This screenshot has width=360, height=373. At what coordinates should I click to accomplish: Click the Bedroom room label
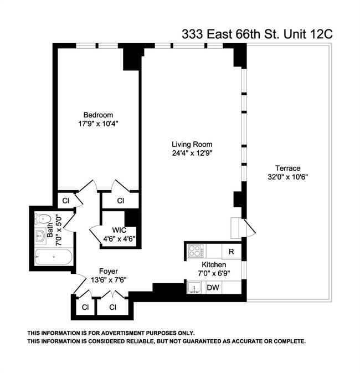(98, 115)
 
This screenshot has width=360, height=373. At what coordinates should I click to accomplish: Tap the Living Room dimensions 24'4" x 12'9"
(192, 153)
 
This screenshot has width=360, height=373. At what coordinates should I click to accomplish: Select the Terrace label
(287, 168)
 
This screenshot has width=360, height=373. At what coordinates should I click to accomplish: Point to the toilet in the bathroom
(43, 218)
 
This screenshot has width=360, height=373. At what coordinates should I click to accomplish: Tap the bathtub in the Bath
(54, 257)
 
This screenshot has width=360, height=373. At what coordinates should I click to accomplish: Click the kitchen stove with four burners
(196, 251)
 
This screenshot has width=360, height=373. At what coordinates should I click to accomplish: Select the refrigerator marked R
(232, 252)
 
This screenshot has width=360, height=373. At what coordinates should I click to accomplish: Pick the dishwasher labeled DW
(213, 288)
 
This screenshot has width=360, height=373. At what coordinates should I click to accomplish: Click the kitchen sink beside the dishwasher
(194, 288)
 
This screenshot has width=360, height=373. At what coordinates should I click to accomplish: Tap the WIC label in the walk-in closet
(119, 230)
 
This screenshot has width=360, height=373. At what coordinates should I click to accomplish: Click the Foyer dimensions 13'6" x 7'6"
(109, 280)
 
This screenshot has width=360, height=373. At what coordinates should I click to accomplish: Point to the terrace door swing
(249, 228)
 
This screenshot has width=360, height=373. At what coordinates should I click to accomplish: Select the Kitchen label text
(214, 264)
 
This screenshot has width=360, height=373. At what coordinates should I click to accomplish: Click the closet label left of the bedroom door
(65, 201)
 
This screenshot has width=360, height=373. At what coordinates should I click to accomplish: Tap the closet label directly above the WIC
(121, 201)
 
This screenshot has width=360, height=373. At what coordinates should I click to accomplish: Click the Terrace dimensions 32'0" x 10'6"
(287, 177)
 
